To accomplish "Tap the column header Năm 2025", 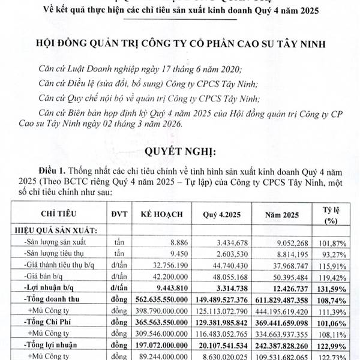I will [280, 215].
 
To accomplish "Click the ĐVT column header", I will [119, 215].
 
